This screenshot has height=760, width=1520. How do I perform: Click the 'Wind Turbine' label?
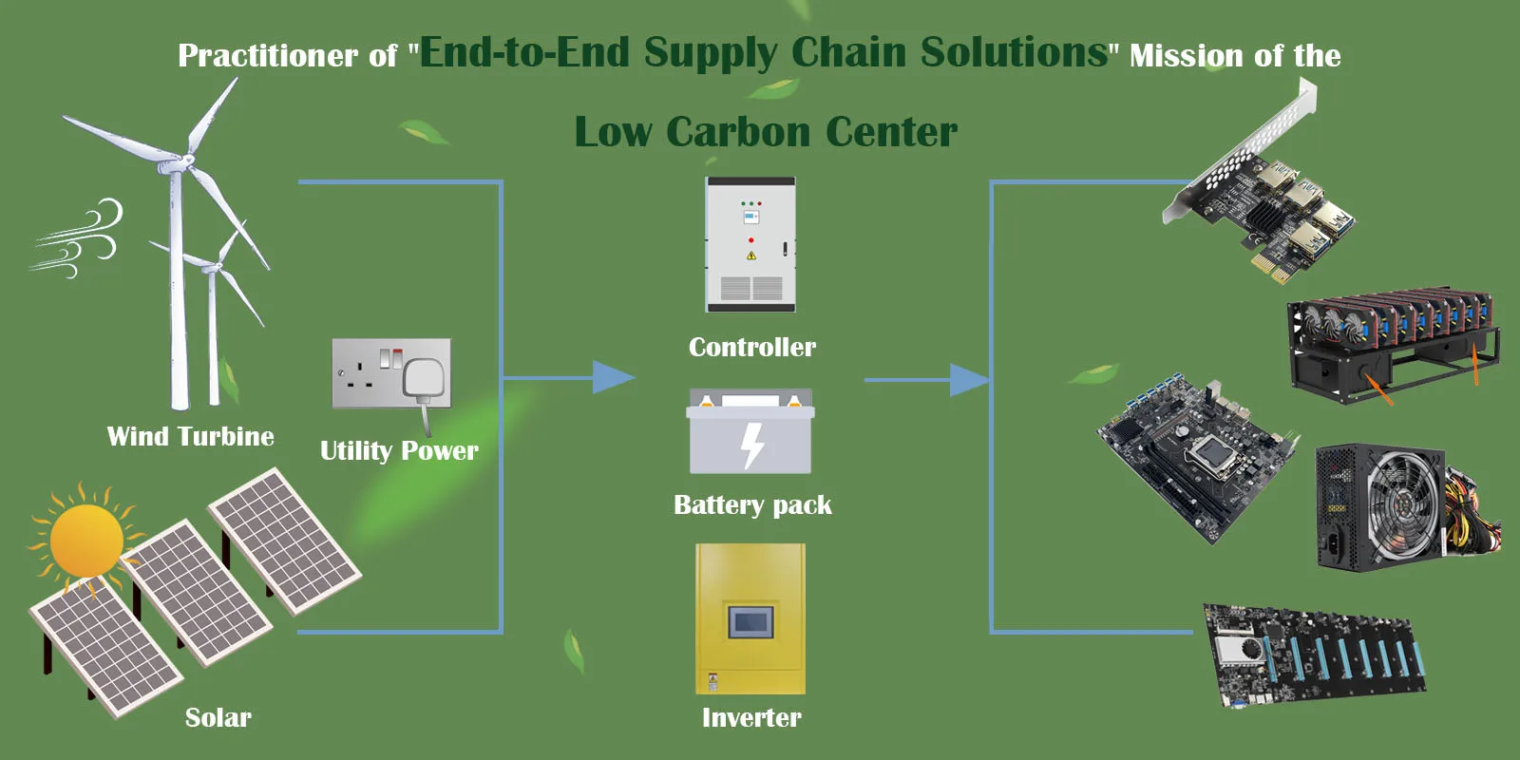[x=191, y=436]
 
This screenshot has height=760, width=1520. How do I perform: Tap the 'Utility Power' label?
[x=399, y=451]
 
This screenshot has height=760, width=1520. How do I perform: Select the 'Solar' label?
[x=218, y=717]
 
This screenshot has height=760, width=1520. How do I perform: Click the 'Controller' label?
[x=751, y=348]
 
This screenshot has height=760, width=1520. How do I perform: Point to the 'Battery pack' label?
[x=752, y=505]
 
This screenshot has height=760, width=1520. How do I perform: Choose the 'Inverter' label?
[x=751, y=717]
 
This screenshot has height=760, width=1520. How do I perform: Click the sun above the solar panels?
[x=86, y=541]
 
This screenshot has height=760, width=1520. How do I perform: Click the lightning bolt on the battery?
[x=752, y=446]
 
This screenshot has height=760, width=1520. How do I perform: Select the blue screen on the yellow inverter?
[x=750, y=621]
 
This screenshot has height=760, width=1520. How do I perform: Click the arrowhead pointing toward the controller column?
[x=614, y=377]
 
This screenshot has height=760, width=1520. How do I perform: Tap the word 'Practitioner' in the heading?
[x=267, y=56]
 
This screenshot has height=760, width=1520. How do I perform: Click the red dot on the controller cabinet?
[x=750, y=240]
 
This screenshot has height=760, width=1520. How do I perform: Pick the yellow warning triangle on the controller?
[x=750, y=256]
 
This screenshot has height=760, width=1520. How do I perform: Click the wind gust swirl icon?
[x=76, y=237]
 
